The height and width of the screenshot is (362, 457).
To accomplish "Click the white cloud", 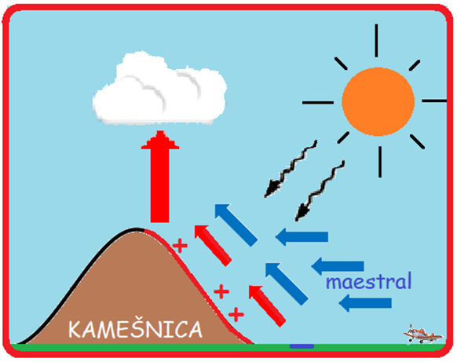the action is (x=159, y=90).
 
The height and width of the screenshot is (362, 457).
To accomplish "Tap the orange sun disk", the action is (x=378, y=102).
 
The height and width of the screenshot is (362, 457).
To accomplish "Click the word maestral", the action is (x=368, y=281).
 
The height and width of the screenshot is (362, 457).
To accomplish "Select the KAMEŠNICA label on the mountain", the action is (x=135, y=330).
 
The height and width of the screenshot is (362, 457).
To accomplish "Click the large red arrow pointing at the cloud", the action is (x=160, y=177).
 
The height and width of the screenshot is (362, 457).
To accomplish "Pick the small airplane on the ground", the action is (x=423, y=335).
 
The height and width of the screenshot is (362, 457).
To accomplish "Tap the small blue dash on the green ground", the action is (x=302, y=346).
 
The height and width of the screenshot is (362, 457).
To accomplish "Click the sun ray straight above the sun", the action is (x=376, y=41).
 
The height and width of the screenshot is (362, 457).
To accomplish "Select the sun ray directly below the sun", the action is (x=380, y=162).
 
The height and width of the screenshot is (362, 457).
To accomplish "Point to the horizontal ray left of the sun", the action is (x=318, y=103).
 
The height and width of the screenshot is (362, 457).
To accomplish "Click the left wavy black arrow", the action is (x=290, y=169).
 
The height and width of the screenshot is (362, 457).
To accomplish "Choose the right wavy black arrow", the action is (x=320, y=191).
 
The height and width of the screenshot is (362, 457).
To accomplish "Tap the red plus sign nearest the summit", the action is (x=180, y=246).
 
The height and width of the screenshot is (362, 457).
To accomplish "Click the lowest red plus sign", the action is (x=236, y=314).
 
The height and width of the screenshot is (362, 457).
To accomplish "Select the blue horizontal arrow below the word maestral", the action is (x=365, y=303).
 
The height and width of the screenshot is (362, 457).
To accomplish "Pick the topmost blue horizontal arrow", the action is (x=302, y=236).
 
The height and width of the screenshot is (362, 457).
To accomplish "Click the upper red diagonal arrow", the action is (x=213, y=246).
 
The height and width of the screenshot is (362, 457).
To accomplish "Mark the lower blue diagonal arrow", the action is (x=287, y=284).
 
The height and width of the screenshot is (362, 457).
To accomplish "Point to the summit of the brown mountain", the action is (x=137, y=229).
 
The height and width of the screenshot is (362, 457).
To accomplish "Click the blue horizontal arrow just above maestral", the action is (x=338, y=266).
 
